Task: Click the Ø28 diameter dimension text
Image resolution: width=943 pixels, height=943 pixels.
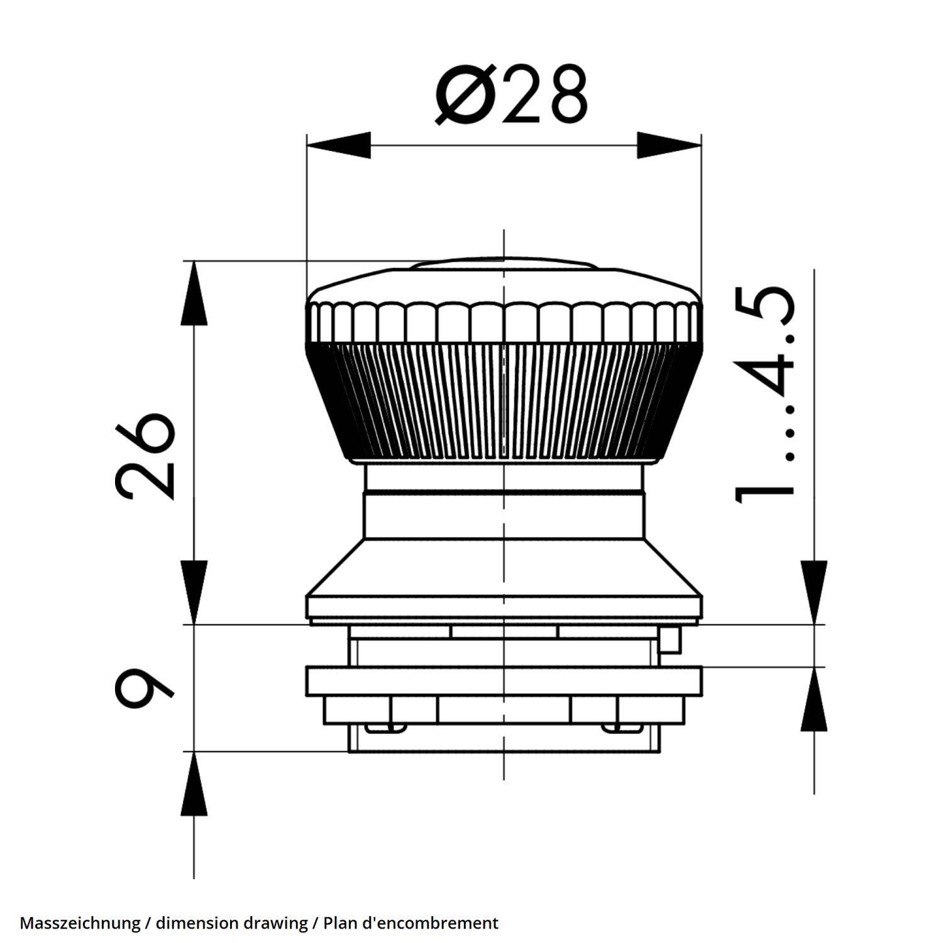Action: point(512,95)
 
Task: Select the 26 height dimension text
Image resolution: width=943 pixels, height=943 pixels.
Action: point(144,456)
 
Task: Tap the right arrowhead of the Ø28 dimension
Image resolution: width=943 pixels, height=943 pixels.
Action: point(669,145)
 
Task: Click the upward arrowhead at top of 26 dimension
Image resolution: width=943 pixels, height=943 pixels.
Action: point(194,293)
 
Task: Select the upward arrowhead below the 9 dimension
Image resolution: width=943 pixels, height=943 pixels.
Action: point(194,783)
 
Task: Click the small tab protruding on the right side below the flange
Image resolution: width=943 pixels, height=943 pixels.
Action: point(670,639)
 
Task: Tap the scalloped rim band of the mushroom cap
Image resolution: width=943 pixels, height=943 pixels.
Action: point(503,322)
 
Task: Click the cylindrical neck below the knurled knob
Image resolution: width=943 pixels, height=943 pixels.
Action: point(503,503)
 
